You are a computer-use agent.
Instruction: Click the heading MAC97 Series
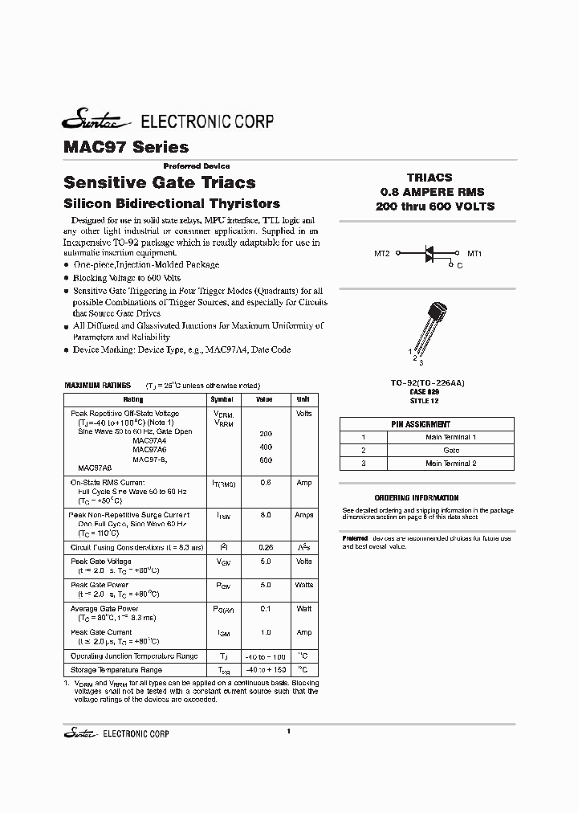126,147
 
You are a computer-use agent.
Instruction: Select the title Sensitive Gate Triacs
159,182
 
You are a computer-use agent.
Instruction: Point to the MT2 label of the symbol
382,253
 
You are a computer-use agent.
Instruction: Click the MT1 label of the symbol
474,253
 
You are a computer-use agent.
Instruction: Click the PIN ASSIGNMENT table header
421,424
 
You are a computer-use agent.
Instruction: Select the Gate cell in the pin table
450,450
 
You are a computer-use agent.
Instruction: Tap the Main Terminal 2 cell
450,464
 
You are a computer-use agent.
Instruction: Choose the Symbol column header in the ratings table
222,399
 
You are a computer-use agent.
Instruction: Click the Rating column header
133,399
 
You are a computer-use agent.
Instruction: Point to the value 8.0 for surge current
265,515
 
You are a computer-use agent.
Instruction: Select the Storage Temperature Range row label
116,669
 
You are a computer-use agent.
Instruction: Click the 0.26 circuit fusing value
265,546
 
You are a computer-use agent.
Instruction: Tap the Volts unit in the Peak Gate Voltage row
303,562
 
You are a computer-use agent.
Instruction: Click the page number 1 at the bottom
287,730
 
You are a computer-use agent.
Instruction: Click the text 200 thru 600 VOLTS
434,206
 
